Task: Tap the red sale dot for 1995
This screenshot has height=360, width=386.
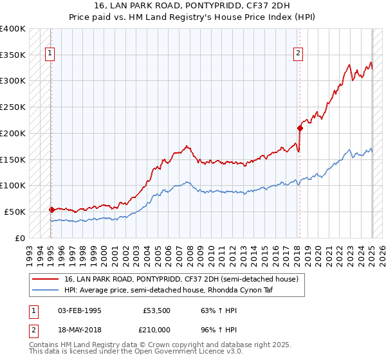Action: coord(51,210)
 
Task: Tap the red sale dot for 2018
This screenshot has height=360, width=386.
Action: coord(300,127)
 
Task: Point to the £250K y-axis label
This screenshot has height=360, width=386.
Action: coord(14,107)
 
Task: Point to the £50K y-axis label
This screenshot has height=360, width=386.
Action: coord(15,212)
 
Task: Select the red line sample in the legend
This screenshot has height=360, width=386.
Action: coord(46,280)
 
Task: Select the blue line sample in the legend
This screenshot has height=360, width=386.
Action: coord(46,290)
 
